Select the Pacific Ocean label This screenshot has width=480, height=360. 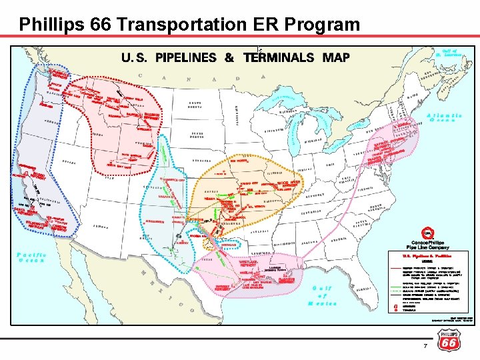click(x=31, y=257)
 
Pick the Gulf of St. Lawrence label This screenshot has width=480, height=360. click(x=451, y=53)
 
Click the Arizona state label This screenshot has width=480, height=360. click(x=107, y=227)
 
